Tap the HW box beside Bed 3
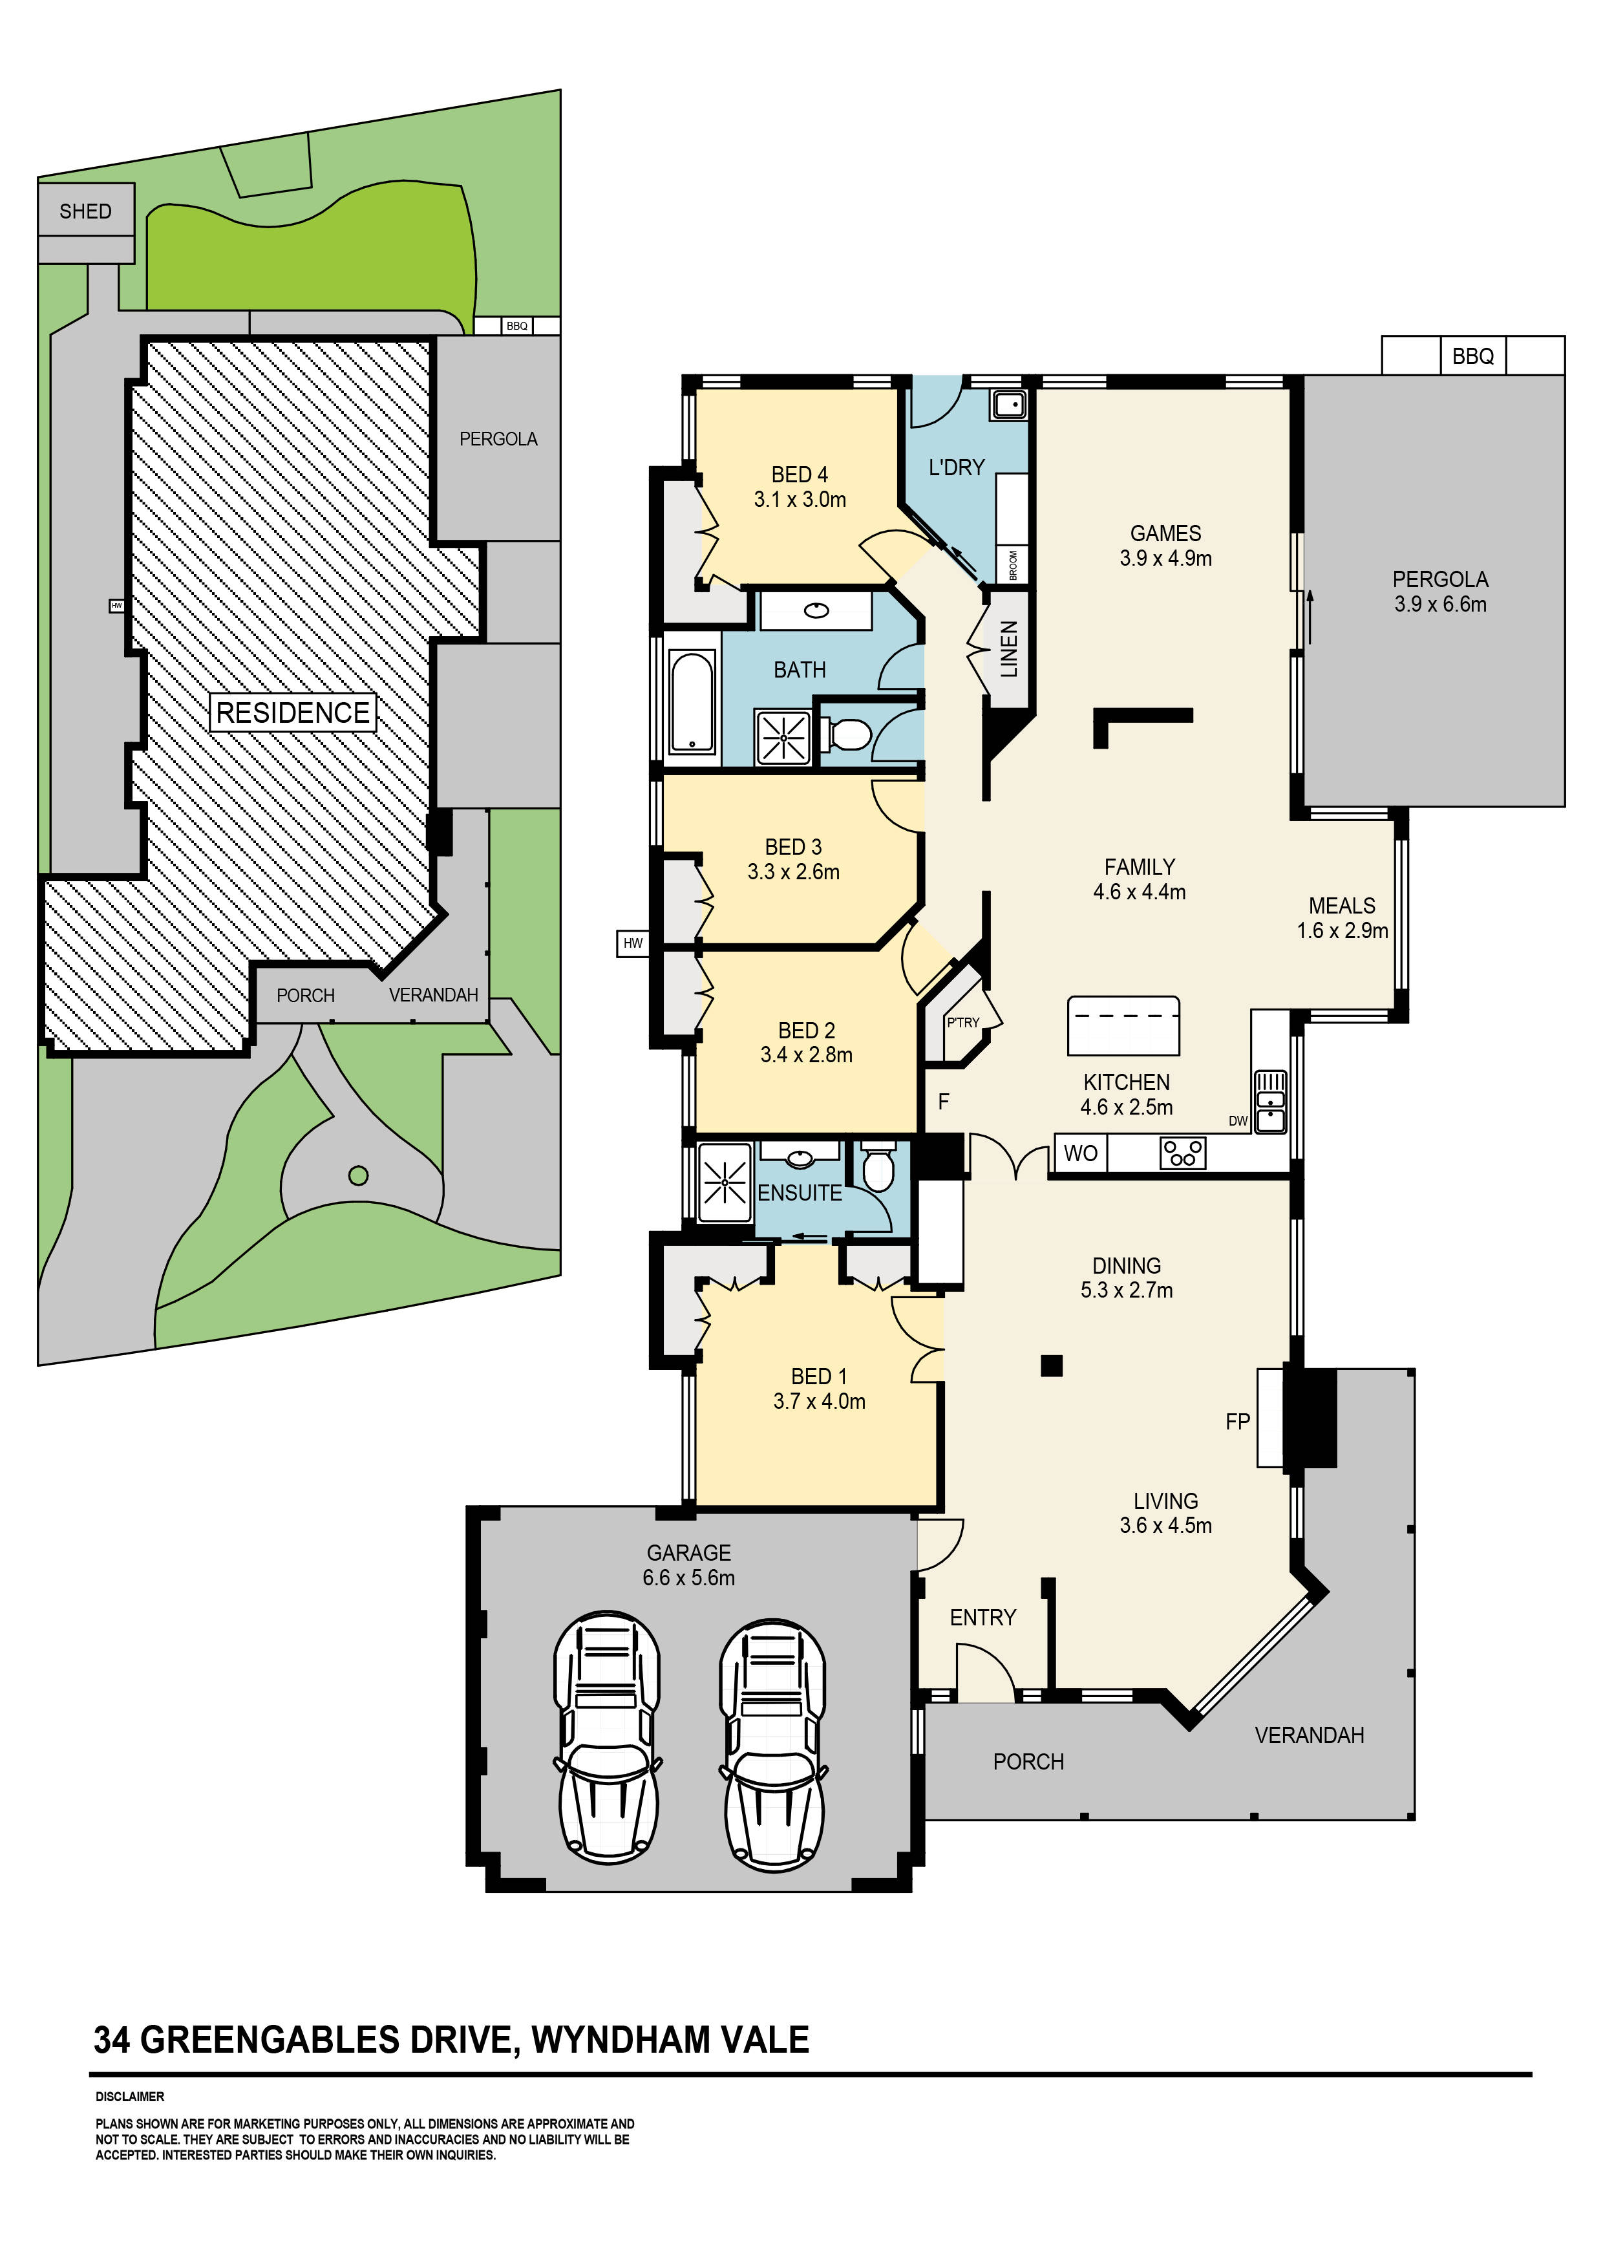[632, 943]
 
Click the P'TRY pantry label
[962, 1022]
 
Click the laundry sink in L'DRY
[1008, 404]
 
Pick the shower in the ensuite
[724, 1182]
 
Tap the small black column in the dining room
[1051, 1366]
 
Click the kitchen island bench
[1123, 1026]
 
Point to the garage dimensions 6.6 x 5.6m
[688, 1578]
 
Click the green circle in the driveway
[359, 1175]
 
